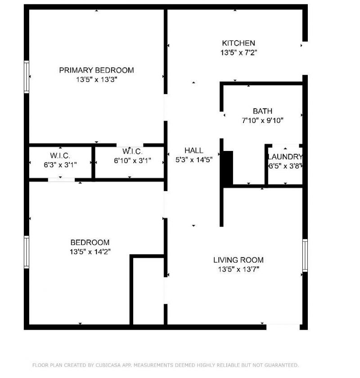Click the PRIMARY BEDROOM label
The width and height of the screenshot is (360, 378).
(x=96, y=70)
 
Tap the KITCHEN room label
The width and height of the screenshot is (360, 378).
(x=238, y=43)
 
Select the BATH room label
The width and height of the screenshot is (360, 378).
(x=262, y=111)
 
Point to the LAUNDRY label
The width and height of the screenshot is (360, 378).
(x=285, y=157)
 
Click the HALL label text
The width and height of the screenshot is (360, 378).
(x=193, y=150)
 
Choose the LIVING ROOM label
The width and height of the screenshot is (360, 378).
(x=238, y=260)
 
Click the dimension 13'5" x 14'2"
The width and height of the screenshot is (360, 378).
(x=90, y=251)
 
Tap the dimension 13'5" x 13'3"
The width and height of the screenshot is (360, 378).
(x=96, y=79)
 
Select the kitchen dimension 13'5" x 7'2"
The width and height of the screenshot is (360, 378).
(x=238, y=53)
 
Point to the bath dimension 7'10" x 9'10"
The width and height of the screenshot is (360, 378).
(x=262, y=120)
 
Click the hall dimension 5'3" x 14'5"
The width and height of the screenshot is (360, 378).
(x=193, y=159)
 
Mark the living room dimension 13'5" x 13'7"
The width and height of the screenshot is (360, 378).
(x=238, y=269)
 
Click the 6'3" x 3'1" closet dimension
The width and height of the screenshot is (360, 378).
(x=60, y=164)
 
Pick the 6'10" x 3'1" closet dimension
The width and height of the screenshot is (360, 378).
(x=132, y=160)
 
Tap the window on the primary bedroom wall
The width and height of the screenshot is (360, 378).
(x=27, y=77)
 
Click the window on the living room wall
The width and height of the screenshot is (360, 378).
(x=305, y=255)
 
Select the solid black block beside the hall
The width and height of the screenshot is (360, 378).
(x=228, y=168)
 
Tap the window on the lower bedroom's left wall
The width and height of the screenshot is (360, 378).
(x=27, y=252)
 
